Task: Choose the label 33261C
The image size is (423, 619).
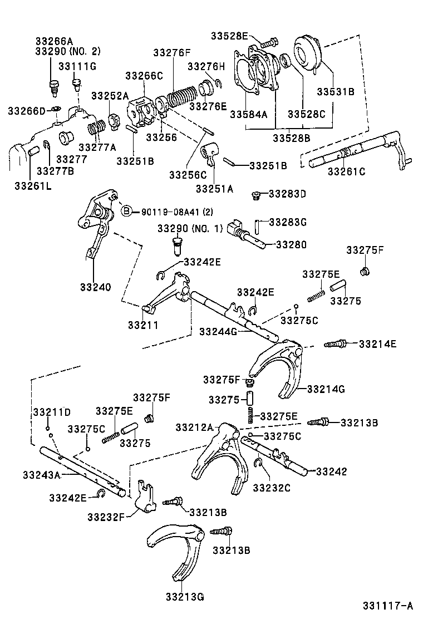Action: point(346,171)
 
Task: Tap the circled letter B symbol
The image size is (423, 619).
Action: point(126,211)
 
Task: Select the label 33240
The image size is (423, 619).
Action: point(95,287)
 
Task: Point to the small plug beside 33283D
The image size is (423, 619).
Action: point(257,195)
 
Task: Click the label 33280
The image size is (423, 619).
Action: point(291,244)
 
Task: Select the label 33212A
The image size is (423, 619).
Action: point(194,428)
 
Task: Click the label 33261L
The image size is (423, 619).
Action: point(33,185)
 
